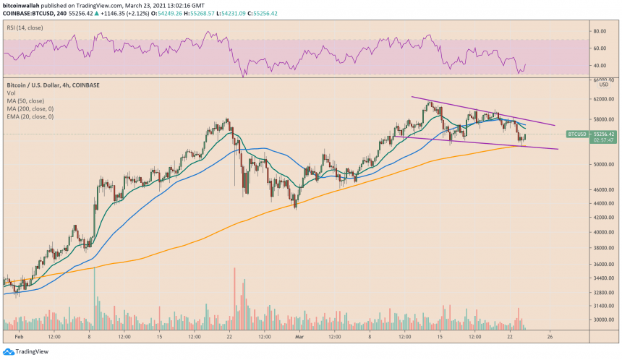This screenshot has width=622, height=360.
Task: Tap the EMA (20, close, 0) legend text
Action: click(x=27, y=117)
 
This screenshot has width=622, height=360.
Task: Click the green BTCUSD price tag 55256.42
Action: click(x=602, y=134)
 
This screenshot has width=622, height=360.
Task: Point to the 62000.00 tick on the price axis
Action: click(x=602, y=99)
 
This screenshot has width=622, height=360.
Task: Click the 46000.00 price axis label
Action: click(x=602, y=189)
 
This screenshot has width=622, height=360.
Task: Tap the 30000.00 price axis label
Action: click(x=602, y=320)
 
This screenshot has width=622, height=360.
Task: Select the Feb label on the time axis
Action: click(x=17, y=336)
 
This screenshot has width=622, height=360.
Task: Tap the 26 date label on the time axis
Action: click(x=550, y=336)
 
